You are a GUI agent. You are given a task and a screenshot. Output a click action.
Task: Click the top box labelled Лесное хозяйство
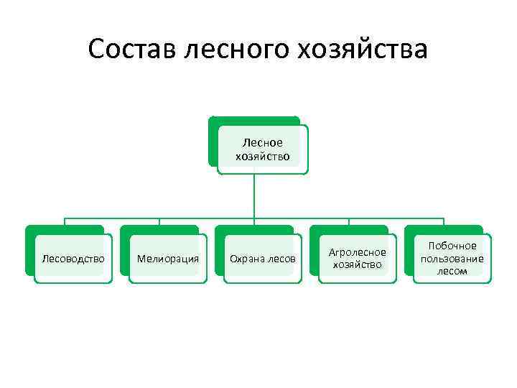pyautogui.click(x=263, y=149)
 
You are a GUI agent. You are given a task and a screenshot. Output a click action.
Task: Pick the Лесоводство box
pyautogui.click(x=73, y=259)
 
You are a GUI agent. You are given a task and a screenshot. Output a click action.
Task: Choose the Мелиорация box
pyautogui.click(x=168, y=259)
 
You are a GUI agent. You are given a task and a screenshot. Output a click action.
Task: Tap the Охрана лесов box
pyautogui.click(x=263, y=259)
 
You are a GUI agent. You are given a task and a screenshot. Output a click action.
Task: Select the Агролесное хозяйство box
pyautogui.click(x=358, y=259)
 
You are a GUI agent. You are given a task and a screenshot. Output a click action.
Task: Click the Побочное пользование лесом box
pyautogui.click(x=452, y=259)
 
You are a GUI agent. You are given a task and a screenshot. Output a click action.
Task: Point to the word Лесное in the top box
pyautogui.click(x=263, y=143)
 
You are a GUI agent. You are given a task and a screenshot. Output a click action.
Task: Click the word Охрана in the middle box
pyautogui.click(x=246, y=259)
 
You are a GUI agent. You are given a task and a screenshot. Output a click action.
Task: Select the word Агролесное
pyautogui.click(x=358, y=252)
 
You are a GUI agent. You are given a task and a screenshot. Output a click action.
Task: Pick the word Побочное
pyautogui.click(x=452, y=246)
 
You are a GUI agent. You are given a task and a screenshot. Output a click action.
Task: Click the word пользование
pyautogui.click(x=452, y=259)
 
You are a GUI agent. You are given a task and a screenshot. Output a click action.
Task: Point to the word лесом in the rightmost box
pyautogui.click(x=452, y=271)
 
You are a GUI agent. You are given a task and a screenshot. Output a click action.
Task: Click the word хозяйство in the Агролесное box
pyautogui.click(x=358, y=265)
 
